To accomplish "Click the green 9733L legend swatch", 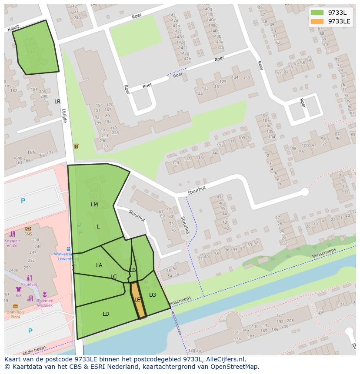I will (317, 13).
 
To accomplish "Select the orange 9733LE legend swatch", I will (317, 21).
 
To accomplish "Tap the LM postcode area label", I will (94, 204).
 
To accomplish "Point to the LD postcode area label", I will (106, 314).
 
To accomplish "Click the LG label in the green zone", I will (152, 295).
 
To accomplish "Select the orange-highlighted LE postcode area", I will (137, 300).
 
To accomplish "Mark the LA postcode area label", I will (99, 265).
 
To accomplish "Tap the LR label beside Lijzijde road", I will (57, 102).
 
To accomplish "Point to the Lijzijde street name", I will (64, 116).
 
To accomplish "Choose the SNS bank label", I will (28, 233).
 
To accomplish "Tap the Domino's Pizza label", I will (15, 314).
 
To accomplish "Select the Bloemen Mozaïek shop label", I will (45, 303).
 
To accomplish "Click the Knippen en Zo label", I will (12, 243).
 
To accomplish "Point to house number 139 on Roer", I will (247, 78).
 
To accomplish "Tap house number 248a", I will (13, 270).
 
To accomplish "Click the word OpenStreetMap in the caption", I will (235, 367).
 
